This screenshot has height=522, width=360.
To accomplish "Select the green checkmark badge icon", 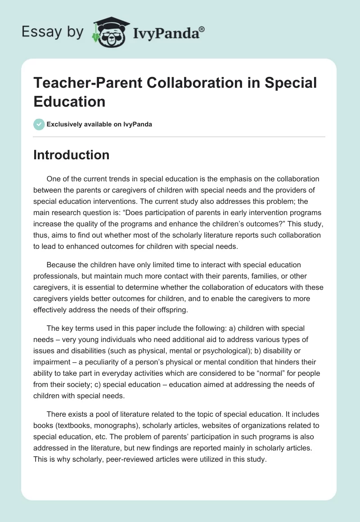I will pyautogui.click(x=39, y=124).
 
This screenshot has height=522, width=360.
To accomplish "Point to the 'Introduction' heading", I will pyautogui.click(x=71, y=155).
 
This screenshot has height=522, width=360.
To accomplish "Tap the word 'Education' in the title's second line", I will pyautogui.click(x=69, y=101).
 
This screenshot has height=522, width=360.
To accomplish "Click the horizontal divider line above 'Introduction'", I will pyautogui.click(x=180, y=136).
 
